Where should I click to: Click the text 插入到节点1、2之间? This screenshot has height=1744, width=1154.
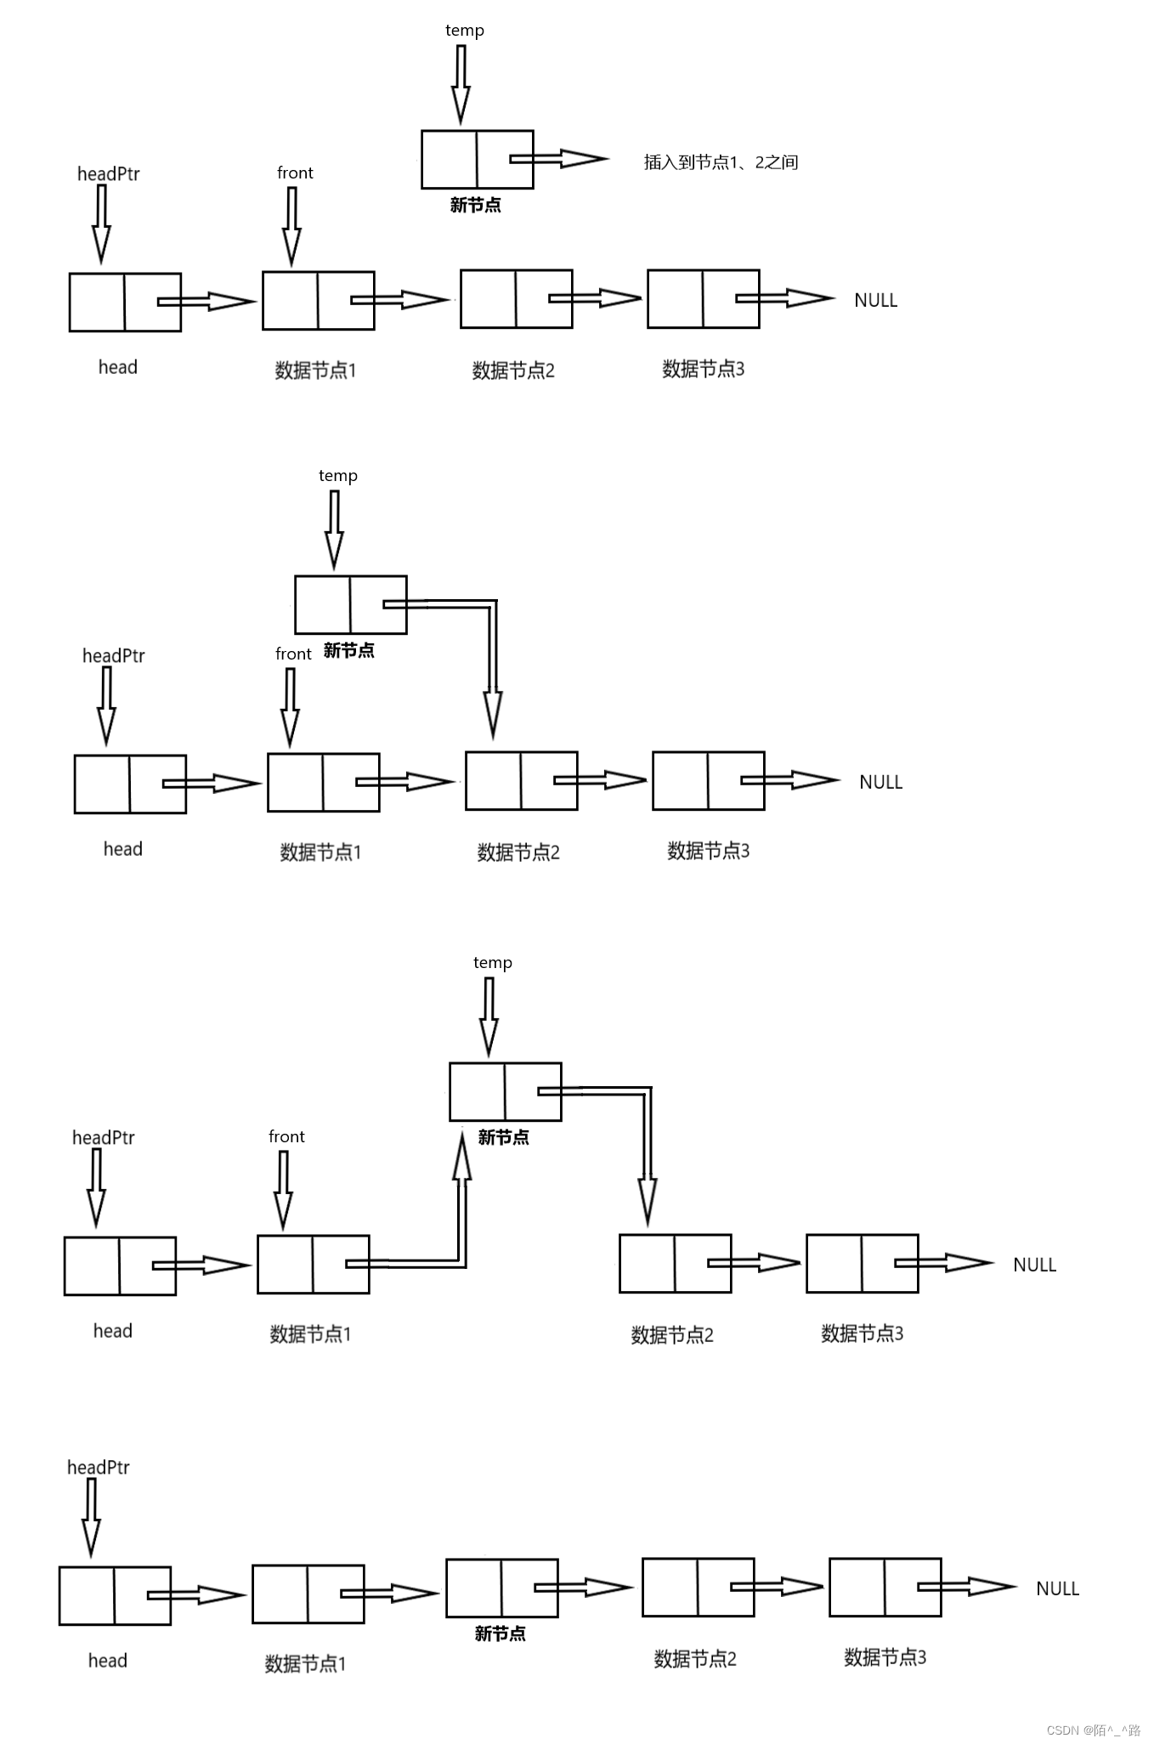point(721,162)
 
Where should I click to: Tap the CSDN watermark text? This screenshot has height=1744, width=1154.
point(1093,1730)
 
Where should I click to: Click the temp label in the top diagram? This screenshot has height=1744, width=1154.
point(465,31)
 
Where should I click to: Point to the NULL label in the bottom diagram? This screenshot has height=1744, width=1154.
point(1057,1588)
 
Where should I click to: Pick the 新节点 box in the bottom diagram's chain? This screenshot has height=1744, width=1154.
point(501,1588)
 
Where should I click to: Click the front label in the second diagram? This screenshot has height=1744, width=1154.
point(293,654)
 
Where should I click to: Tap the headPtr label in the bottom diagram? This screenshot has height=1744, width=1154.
point(99,1467)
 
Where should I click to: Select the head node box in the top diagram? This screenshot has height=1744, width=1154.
point(125,302)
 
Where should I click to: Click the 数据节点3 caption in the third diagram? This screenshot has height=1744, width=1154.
point(862,1333)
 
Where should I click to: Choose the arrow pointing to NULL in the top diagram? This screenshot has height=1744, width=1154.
point(786,298)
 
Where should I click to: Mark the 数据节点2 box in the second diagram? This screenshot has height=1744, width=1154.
point(521,780)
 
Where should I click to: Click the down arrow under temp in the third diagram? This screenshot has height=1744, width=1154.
point(489,1016)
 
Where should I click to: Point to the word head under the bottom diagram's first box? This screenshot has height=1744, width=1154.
point(108,1661)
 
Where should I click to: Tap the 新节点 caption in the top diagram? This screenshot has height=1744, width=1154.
point(475,205)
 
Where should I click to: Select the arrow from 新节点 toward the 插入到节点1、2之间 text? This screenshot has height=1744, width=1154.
point(559,159)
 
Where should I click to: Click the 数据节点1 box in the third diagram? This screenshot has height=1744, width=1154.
point(313,1265)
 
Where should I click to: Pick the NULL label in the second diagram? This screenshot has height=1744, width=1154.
point(880,782)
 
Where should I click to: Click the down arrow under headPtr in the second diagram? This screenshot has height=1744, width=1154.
point(106,705)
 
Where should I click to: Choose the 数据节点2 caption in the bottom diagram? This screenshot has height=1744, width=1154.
point(694,1658)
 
